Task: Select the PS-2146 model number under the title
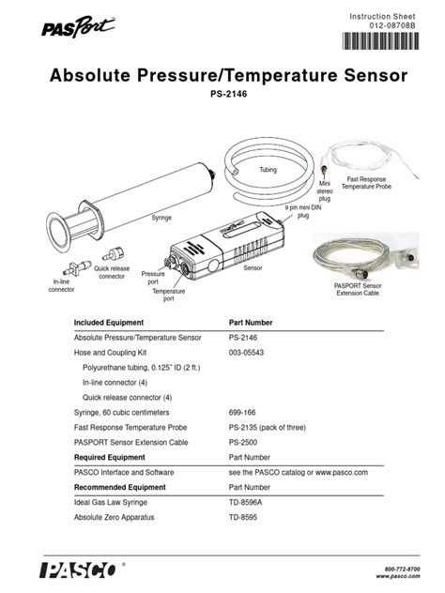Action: [x=222, y=95]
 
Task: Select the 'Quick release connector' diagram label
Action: [x=111, y=272]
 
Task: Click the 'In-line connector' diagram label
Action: [x=61, y=285]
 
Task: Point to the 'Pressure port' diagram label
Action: [x=153, y=278]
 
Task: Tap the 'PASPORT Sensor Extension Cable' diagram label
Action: [x=360, y=289]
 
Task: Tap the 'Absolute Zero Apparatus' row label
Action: [x=114, y=517]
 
